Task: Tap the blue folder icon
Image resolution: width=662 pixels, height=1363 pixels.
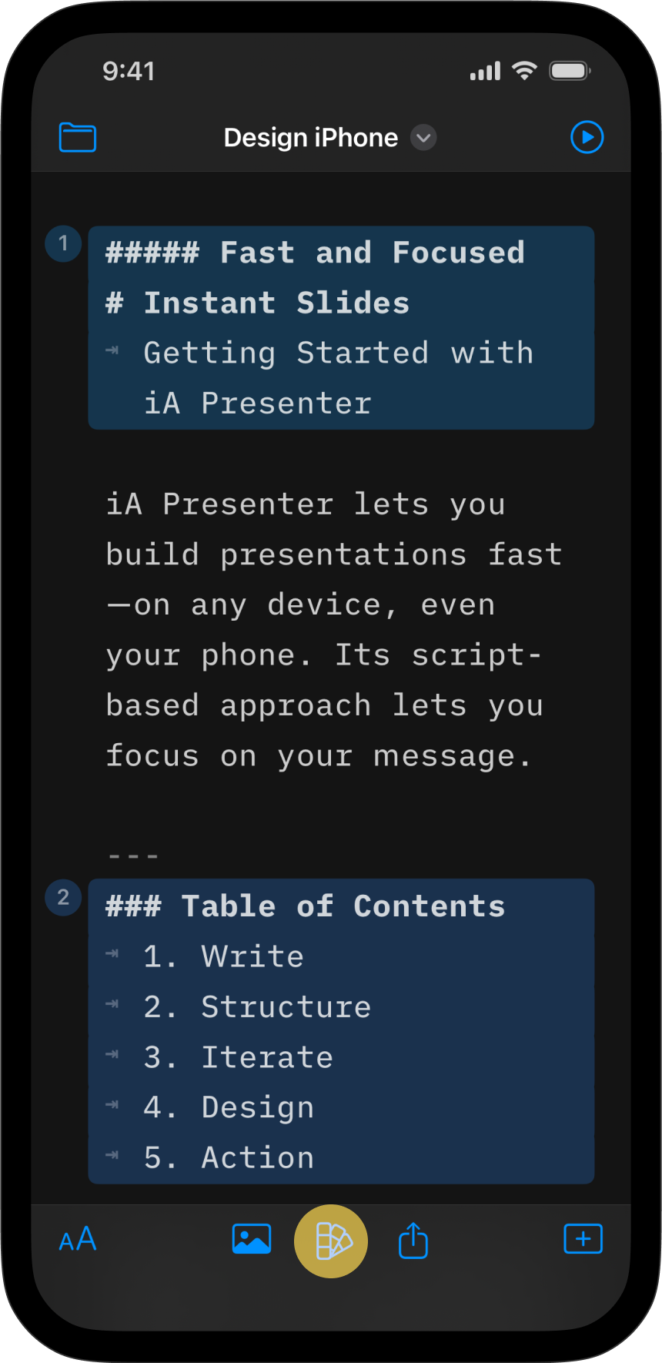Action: tap(78, 138)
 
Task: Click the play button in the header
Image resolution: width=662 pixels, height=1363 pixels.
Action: tap(587, 137)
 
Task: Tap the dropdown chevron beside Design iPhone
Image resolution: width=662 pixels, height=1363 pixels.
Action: tap(423, 138)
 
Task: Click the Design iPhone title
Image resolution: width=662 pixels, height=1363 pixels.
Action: tap(311, 138)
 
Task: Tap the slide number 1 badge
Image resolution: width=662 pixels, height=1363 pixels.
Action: tap(64, 244)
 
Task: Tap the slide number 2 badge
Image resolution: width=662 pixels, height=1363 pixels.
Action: tap(64, 898)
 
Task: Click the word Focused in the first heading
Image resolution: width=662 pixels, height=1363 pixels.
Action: tap(459, 253)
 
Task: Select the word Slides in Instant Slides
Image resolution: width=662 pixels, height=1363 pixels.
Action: tap(353, 303)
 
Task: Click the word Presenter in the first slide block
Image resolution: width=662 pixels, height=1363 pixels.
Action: tap(286, 404)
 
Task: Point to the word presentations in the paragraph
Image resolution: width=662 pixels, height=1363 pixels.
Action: tap(343, 555)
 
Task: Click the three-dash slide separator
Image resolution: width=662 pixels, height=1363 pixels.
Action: tap(133, 856)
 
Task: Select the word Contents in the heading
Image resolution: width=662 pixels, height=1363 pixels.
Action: tap(430, 906)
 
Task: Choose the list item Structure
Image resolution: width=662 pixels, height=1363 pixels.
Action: tap(286, 1007)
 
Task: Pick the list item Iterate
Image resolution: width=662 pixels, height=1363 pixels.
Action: tap(267, 1057)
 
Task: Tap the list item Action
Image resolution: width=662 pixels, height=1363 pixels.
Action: tap(258, 1158)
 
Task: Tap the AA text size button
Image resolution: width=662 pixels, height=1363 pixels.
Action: tap(78, 1239)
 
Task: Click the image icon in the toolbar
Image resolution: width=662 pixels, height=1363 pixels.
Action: tap(252, 1239)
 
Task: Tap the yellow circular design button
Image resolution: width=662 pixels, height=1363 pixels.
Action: tap(331, 1241)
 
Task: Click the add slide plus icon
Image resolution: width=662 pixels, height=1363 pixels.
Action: tap(583, 1239)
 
